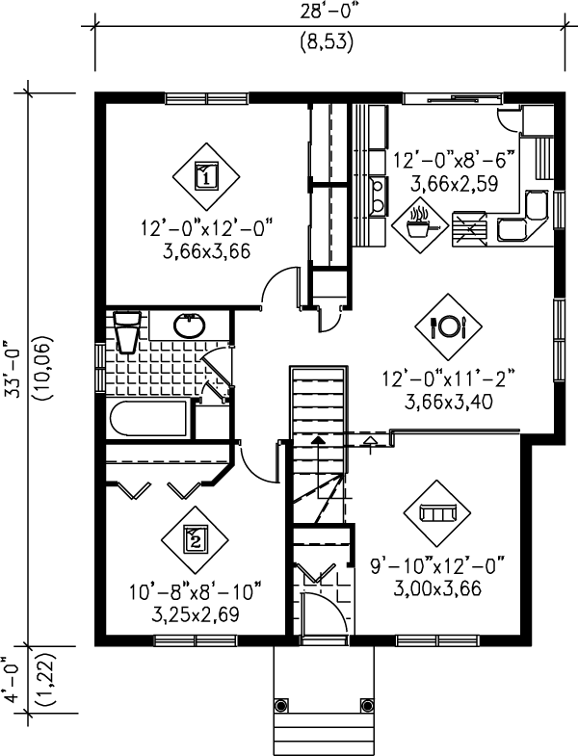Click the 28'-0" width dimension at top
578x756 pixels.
[328, 13]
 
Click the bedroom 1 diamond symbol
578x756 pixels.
[205, 175]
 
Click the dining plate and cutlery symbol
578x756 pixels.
[450, 326]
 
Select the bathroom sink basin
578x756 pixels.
[190, 326]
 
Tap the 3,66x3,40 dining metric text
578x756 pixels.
[451, 402]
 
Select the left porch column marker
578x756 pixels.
[281, 703]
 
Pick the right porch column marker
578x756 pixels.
[366, 703]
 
